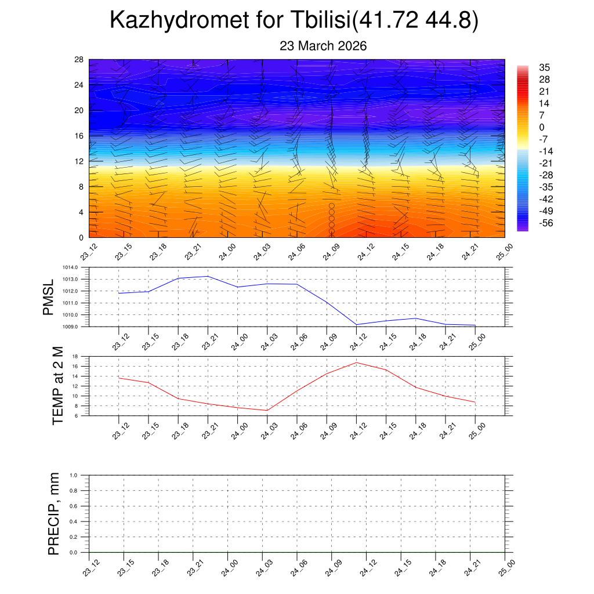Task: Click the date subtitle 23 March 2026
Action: pyautogui.click(x=323, y=46)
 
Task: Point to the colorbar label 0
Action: pyautogui.click(x=542, y=128)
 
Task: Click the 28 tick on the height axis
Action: pyautogui.click(x=79, y=60)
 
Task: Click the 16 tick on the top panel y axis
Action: pyautogui.click(x=79, y=136)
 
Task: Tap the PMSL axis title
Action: pyautogui.click(x=48, y=297)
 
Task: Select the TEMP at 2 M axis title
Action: pyautogui.click(x=58, y=385)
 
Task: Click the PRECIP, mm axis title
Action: pyautogui.click(x=54, y=513)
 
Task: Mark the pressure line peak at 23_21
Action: pyautogui.click(x=208, y=276)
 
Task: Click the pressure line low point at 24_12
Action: pyautogui.click(x=356, y=324)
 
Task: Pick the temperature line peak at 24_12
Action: pyautogui.click(x=356, y=363)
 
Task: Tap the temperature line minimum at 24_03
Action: pyautogui.click(x=267, y=410)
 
